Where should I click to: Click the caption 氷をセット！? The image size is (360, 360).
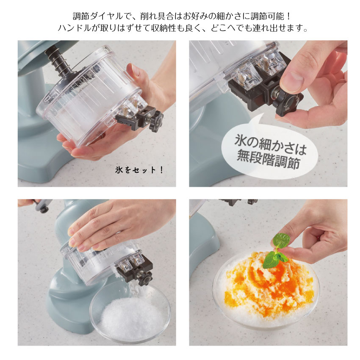(139, 170)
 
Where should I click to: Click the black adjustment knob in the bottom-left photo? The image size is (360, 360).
(145, 279)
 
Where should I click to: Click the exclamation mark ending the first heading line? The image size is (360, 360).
(289, 16)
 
